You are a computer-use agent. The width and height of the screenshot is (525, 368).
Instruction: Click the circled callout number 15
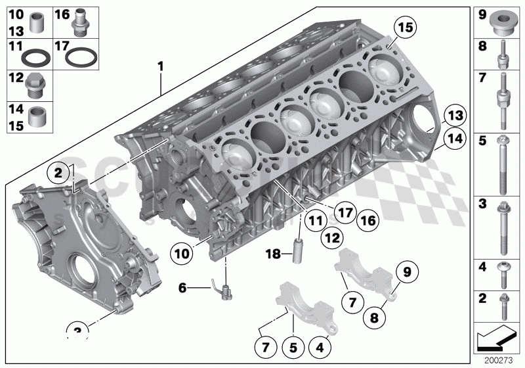point(406,28)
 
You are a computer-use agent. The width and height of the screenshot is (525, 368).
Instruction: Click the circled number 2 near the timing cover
point(58,173)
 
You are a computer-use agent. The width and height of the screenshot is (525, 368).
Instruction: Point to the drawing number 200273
point(499,360)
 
